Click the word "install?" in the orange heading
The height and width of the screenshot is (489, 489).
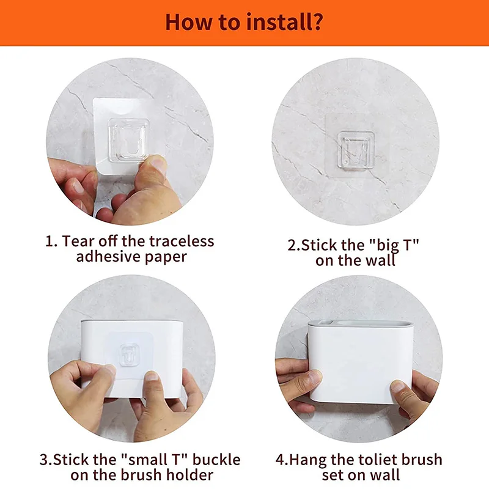pyautogui.click(x=284, y=22)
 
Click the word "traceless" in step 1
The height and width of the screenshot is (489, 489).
pyautogui.click(x=182, y=241)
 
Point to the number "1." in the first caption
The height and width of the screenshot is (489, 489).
pyautogui.click(x=51, y=241)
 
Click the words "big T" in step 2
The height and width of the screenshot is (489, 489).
pyautogui.click(x=394, y=246)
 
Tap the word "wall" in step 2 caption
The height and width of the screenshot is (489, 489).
pyautogui.click(x=380, y=260)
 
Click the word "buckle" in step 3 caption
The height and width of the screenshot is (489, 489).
pyautogui.click(x=216, y=460)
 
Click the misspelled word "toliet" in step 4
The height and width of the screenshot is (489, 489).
pyautogui.click(x=379, y=460)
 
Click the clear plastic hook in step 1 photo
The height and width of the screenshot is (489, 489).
pyautogui.click(x=128, y=139)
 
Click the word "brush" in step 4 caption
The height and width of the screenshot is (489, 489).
pyautogui.click(x=422, y=460)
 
